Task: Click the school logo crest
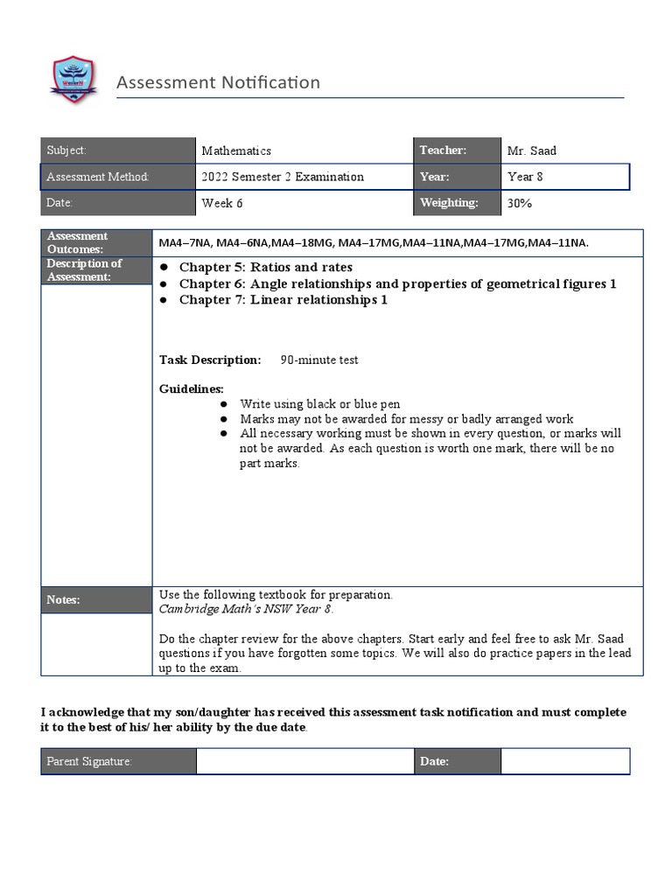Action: [x=73, y=80]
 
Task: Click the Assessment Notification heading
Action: [x=218, y=82]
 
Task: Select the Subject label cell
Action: [x=117, y=150]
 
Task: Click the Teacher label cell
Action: [x=457, y=150]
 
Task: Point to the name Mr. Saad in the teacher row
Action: [x=531, y=150]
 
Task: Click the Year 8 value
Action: [x=525, y=177]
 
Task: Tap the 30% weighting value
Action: [x=520, y=203]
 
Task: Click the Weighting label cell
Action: [x=457, y=203]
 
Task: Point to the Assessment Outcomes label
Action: [x=96, y=242]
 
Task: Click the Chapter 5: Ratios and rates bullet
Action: [x=265, y=267]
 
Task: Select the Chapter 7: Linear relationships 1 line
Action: [x=283, y=300]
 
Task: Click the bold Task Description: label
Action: [x=210, y=360]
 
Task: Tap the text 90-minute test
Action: [x=318, y=360]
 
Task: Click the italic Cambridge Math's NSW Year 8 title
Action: [x=246, y=609]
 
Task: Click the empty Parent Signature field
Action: [x=304, y=761]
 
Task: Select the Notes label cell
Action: [x=96, y=599]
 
